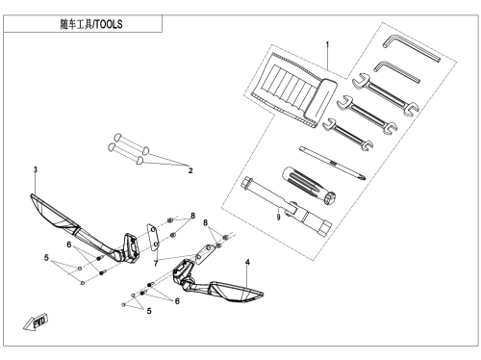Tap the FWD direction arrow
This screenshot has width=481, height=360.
click(36, 321)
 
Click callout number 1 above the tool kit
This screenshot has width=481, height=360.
click(327, 44)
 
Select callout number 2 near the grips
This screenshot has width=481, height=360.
click(190, 170)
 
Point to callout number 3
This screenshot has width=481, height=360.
click(36, 169)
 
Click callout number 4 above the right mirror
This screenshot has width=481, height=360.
click(247, 262)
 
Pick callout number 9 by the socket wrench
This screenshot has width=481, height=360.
click(278, 218)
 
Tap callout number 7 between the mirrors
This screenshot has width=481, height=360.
click(156, 264)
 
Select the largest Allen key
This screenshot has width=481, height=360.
click(411, 47)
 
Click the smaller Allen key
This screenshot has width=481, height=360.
click(395, 72)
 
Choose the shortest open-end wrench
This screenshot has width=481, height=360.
click(347, 134)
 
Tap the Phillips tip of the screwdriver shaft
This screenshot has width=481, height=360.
click(363, 177)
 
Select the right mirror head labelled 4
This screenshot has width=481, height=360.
click(237, 292)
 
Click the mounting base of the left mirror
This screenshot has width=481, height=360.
click(131, 248)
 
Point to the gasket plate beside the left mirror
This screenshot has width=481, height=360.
click(153, 237)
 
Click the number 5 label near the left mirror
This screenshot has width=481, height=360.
click(46, 258)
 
